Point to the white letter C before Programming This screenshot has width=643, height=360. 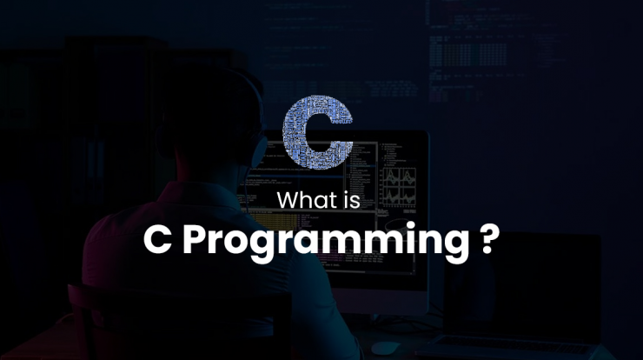157,240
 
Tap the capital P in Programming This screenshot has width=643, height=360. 196,240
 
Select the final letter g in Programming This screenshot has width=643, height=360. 456,245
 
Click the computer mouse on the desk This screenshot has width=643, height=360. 385,348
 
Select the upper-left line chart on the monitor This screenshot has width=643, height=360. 391,177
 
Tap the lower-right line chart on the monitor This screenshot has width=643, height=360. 408,197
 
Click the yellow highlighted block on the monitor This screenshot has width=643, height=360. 273,220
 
